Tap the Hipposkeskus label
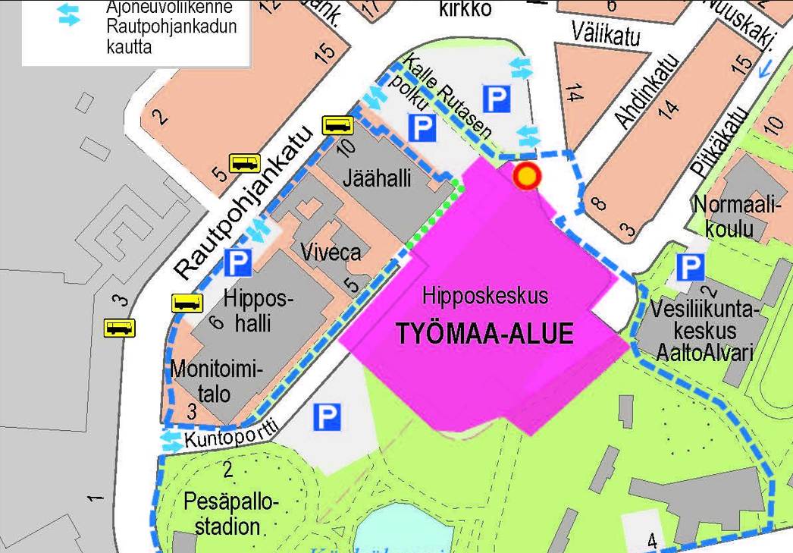point(485,295)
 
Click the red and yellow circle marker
point(527,177)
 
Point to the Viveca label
point(331,251)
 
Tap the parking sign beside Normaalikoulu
point(690,267)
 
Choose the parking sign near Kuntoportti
point(327,416)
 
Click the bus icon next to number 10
point(338,125)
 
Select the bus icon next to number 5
point(245,162)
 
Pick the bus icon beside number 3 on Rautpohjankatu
point(120,328)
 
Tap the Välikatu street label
point(607,34)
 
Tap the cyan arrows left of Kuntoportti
point(172,442)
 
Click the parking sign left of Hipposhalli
point(237,263)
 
